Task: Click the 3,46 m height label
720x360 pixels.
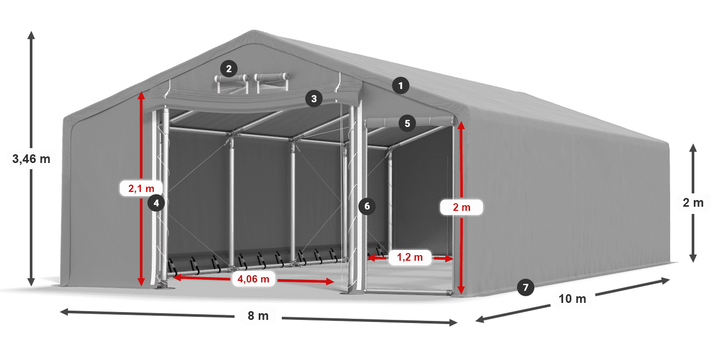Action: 31,159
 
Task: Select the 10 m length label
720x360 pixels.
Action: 572,299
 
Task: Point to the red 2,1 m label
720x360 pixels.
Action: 141,188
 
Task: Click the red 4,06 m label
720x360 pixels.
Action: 250,279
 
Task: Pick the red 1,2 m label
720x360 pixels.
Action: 409,257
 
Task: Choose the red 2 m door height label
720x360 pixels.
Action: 461,207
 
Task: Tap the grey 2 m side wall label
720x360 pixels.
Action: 693,203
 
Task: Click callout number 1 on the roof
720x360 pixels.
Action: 401,85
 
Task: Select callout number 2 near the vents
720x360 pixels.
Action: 228,68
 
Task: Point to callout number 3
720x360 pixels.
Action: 314,99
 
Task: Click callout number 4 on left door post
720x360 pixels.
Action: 156,203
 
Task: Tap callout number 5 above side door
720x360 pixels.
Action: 407,123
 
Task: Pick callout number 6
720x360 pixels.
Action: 366,207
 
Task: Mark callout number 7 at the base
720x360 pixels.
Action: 525,287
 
